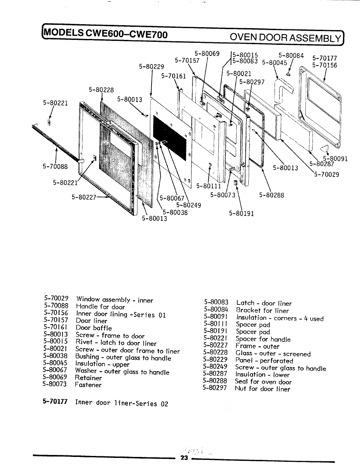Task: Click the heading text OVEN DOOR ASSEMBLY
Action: (285, 38)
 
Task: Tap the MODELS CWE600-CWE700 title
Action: (105, 34)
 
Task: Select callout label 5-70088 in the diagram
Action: (55, 166)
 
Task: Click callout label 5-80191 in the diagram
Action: (242, 214)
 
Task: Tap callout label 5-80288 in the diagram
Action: (272, 195)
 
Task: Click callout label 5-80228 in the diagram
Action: (101, 90)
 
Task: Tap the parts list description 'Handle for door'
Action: (100, 307)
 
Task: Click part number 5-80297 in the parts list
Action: (214, 389)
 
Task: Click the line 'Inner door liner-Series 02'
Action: (121, 403)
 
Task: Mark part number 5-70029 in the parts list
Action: (56, 299)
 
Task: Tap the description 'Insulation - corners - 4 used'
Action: (279, 318)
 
